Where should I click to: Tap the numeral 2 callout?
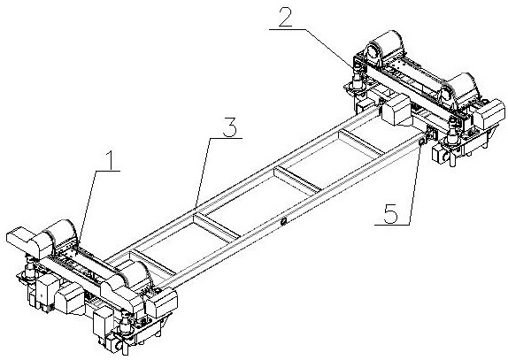(285, 16)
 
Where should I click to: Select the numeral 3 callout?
(229, 126)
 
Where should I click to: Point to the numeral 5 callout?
(390, 214)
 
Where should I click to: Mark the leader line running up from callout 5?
(415, 184)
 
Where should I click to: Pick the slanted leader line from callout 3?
(204, 172)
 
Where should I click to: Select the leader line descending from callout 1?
(88, 207)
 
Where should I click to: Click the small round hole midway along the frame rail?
(284, 221)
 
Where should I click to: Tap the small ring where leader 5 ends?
(422, 142)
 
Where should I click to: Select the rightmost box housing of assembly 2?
(491, 115)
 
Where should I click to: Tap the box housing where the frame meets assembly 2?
(396, 110)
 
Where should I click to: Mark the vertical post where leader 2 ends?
(357, 77)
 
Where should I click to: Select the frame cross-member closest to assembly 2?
(362, 142)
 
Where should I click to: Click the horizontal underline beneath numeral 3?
(226, 138)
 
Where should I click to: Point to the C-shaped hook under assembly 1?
(120, 346)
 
